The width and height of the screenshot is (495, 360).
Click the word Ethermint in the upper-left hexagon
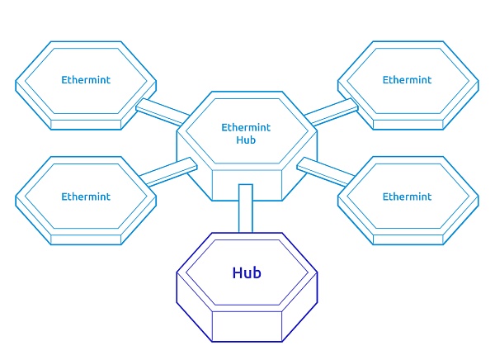(86, 80)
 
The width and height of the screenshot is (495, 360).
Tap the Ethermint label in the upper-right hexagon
(407, 80)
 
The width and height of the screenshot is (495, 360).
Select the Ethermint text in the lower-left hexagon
(86, 197)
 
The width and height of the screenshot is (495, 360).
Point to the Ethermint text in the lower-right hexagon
(407, 197)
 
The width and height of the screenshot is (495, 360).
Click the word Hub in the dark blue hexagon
(247, 272)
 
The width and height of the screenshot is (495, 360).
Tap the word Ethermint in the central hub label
(246, 128)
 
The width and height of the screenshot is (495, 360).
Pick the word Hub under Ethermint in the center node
(246, 140)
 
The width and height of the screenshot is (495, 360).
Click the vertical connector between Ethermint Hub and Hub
(245, 208)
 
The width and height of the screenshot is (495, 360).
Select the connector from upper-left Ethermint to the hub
(160, 110)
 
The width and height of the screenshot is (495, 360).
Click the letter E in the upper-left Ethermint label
(64, 80)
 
